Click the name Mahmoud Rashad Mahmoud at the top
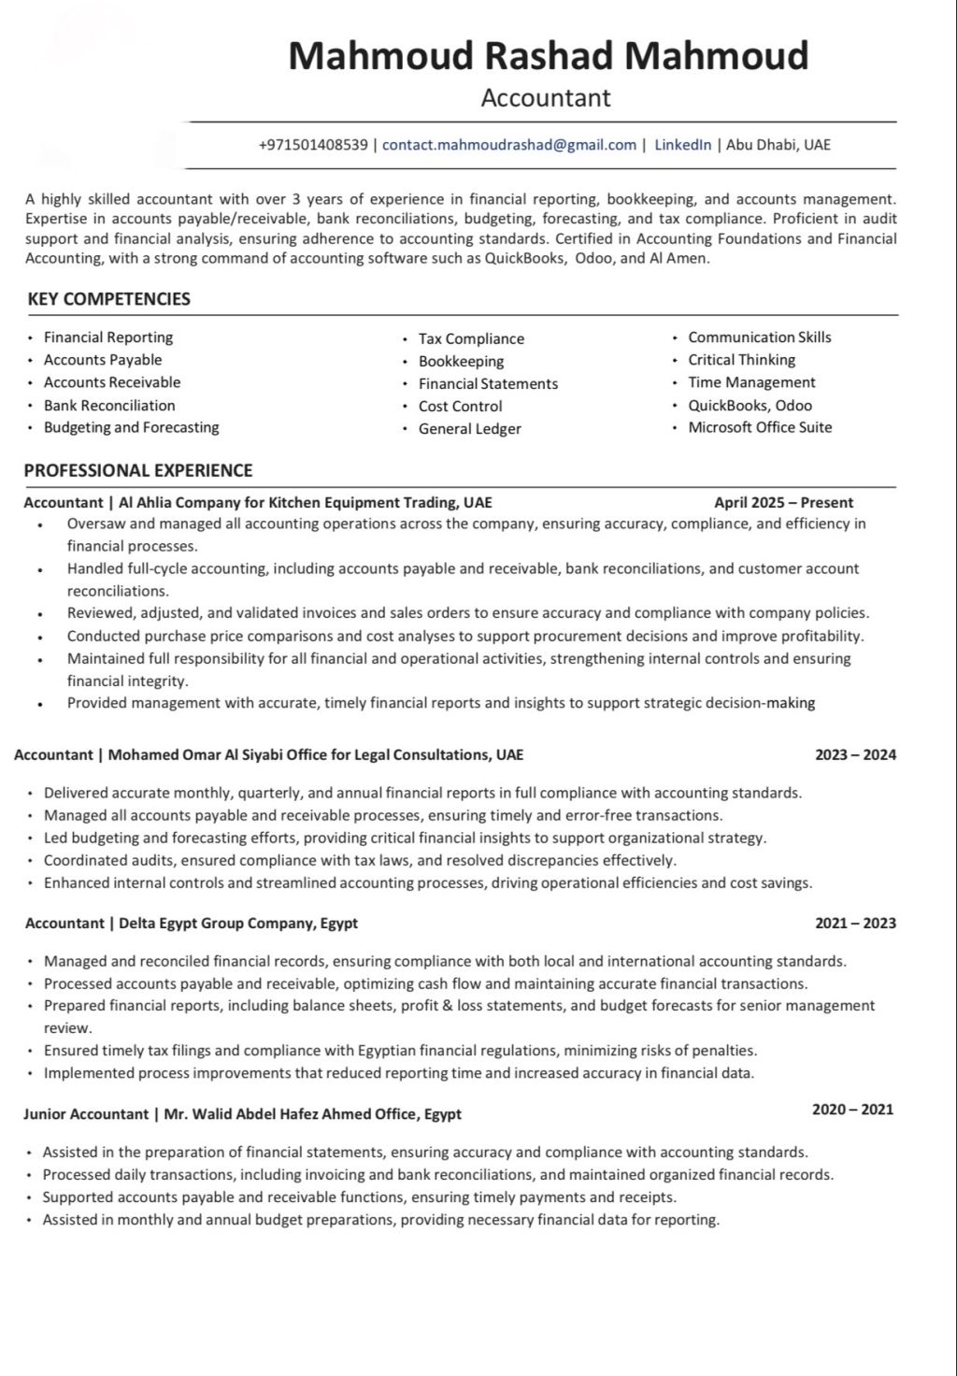548,56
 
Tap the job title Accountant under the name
546,98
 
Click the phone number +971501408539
313,145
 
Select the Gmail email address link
509,145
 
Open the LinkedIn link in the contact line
682,145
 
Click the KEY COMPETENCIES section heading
108,299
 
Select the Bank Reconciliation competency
109,406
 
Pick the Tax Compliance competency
471,338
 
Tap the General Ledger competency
469,429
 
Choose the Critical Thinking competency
741,360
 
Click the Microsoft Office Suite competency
760,427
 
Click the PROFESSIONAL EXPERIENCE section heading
138,471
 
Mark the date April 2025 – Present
783,503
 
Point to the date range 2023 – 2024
855,755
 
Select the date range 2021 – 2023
855,924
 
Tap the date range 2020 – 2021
852,1110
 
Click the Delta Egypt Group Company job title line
192,924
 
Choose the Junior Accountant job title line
242,1114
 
